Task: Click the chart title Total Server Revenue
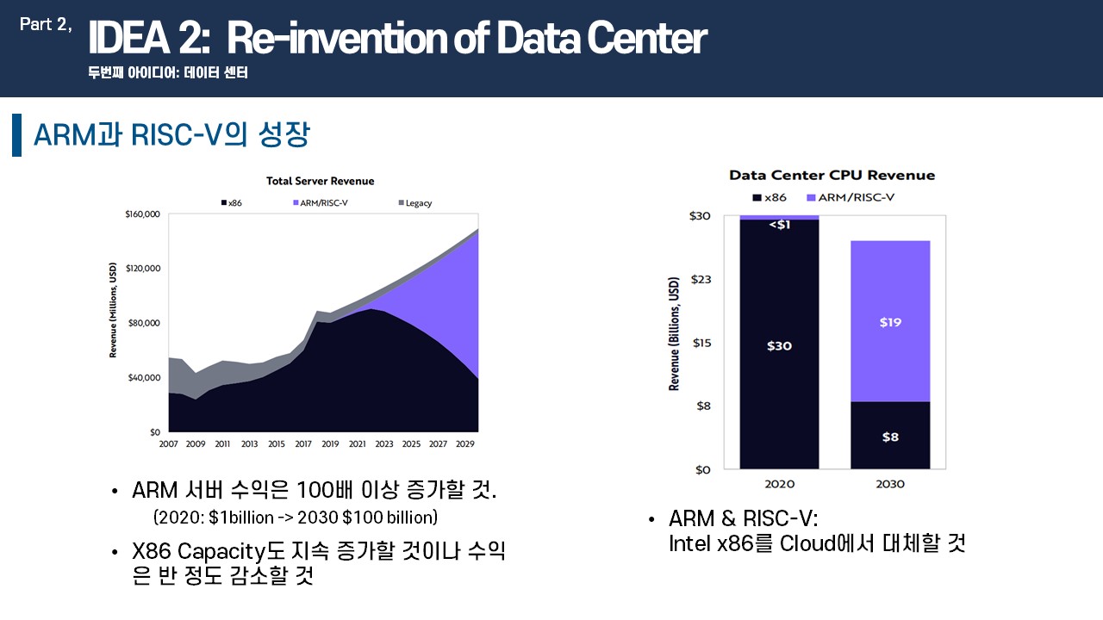click(x=320, y=181)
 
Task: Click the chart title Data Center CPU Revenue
click(x=832, y=175)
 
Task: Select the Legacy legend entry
click(x=415, y=202)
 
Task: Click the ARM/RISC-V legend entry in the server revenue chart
click(x=321, y=202)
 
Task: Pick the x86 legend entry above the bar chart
click(x=770, y=197)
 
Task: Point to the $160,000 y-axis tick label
click(x=142, y=214)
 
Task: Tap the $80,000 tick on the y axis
click(x=144, y=323)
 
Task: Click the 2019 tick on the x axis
click(x=330, y=443)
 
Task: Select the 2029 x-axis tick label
click(x=464, y=443)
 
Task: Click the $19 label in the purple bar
click(x=890, y=322)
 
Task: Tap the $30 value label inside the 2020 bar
click(x=779, y=346)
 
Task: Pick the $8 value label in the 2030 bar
click(x=890, y=437)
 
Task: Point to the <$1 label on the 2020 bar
click(x=780, y=225)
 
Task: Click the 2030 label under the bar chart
click(x=890, y=484)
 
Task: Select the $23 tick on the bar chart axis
click(x=701, y=280)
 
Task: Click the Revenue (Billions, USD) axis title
click(x=674, y=333)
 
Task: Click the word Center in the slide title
click(x=647, y=38)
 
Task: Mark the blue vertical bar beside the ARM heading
click(x=16, y=135)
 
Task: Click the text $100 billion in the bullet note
click(x=389, y=518)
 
